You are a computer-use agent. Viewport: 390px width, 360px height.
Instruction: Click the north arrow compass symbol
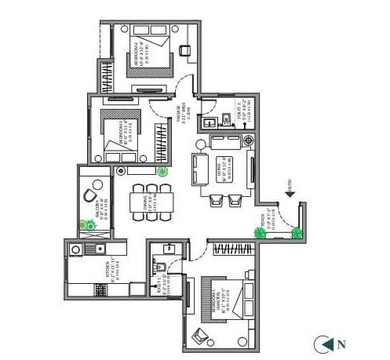[x=323, y=342]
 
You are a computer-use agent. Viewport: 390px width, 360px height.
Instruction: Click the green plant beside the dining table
[x=162, y=171]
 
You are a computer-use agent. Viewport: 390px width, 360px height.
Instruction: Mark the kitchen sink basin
[x=76, y=250]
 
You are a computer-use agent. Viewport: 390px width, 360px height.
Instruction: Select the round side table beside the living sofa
[x=200, y=144]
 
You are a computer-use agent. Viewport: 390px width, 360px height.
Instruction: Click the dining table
[x=144, y=199]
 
